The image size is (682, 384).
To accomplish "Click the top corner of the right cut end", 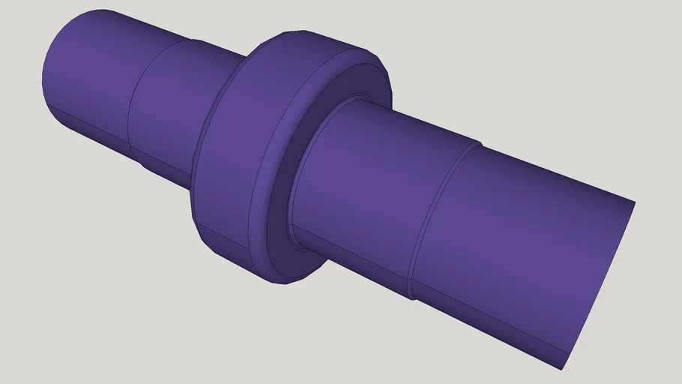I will (x=635, y=202).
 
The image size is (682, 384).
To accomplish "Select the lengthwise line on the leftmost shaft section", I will (x=90, y=124).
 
